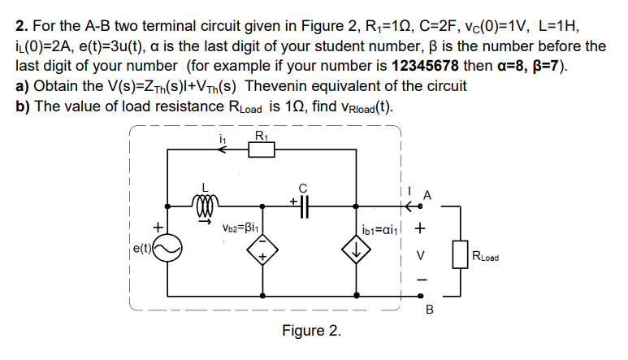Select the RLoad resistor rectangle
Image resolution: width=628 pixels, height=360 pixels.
click(460, 254)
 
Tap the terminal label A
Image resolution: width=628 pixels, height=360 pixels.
click(428, 195)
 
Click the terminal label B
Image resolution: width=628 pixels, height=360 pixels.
click(430, 310)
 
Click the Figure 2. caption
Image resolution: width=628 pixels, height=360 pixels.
click(311, 332)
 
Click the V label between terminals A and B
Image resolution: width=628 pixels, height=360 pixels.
click(420, 254)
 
